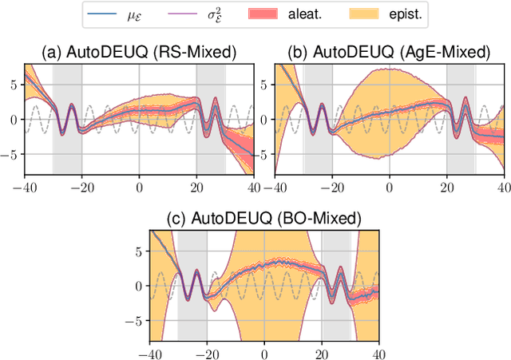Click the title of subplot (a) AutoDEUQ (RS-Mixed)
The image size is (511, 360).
click(139, 53)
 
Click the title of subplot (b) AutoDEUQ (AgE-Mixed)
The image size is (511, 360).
click(390, 53)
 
